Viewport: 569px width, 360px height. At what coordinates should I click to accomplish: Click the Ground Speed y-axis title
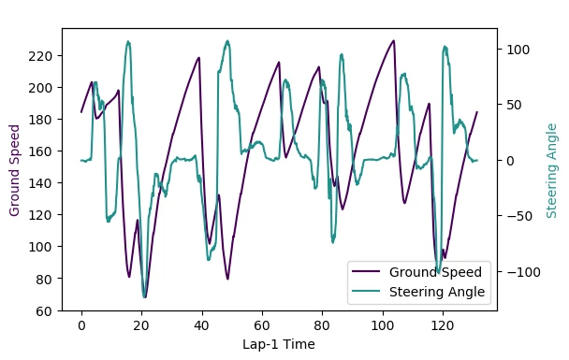(x=15, y=170)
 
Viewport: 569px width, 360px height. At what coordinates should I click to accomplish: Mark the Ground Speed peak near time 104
(x=394, y=41)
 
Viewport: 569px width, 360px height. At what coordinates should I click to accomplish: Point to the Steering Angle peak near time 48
(x=227, y=41)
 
